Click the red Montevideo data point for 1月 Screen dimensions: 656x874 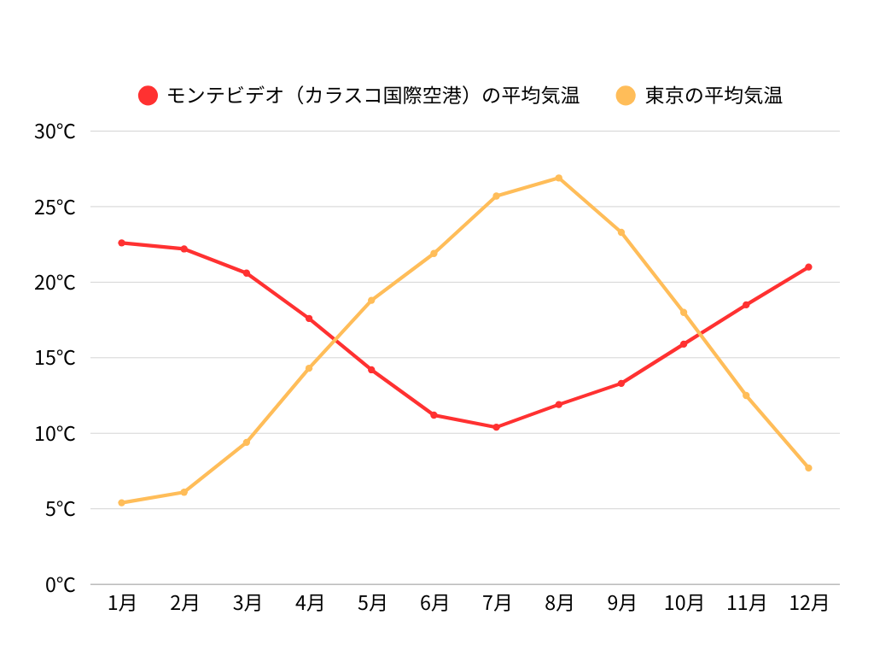click(x=121, y=243)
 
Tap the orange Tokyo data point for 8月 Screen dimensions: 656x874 click(x=559, y=178)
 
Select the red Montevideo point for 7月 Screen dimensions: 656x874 click(x=496, y=427)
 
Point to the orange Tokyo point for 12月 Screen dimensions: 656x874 click(x=808, y=468)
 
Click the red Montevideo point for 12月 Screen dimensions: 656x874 click(x=808, y=267)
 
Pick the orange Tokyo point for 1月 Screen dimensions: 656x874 click(x=121, y=503)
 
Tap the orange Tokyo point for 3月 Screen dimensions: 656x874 click(x=247, y=442)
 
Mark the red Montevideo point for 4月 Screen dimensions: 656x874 click(x=309, y=319)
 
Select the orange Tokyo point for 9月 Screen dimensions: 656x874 click(x=621, y=232)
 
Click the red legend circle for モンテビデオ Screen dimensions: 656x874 click(x=149, y=96)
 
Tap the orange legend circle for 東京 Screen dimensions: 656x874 click(x=626, y=96)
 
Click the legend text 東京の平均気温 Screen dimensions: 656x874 click(x=714, y=96)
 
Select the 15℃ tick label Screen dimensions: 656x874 click(x=55, y=358)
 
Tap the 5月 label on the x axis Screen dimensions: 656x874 click(x=371, y=603)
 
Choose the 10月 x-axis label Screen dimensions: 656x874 click(x=684, y=603)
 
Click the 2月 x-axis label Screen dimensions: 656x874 click(x=184, y=603)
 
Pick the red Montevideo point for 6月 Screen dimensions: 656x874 click(x=434, y=415)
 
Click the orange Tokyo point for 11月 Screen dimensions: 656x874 click(x=746, y=395)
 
